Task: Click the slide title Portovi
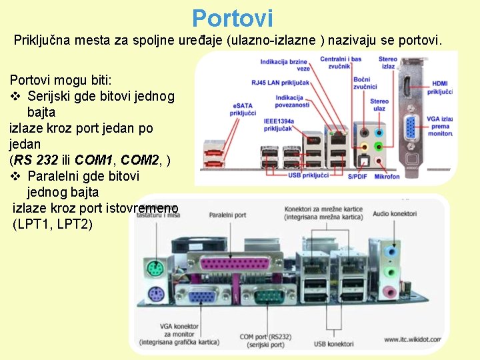pyautogui.click(x=232, y=18)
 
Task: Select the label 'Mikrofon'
pyautogui.click(x=387, y=177)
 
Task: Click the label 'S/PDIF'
pyautogui.click(x=357, y=177)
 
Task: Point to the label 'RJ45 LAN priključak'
pyautogui.click(x=280, y=82)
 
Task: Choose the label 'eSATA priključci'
pyautogui.click(x=243, y=109)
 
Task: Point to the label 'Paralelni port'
pyautogui.click(x=228, y=215)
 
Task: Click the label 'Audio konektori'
pyautogui.click(x=395, y=214)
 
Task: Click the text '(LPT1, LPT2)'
pyautogui.click(x=53, y=224)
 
